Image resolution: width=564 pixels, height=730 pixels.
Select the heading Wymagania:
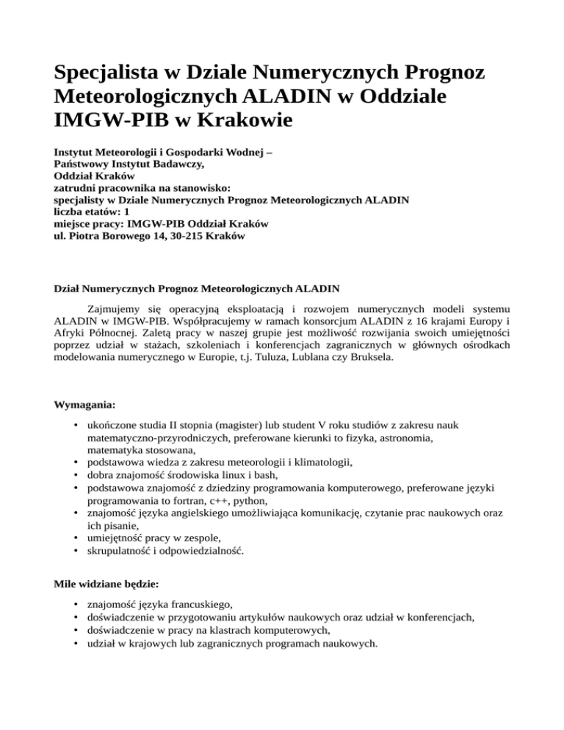pos(84,405)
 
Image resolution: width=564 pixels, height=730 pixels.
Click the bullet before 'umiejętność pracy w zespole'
pos(77,537)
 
